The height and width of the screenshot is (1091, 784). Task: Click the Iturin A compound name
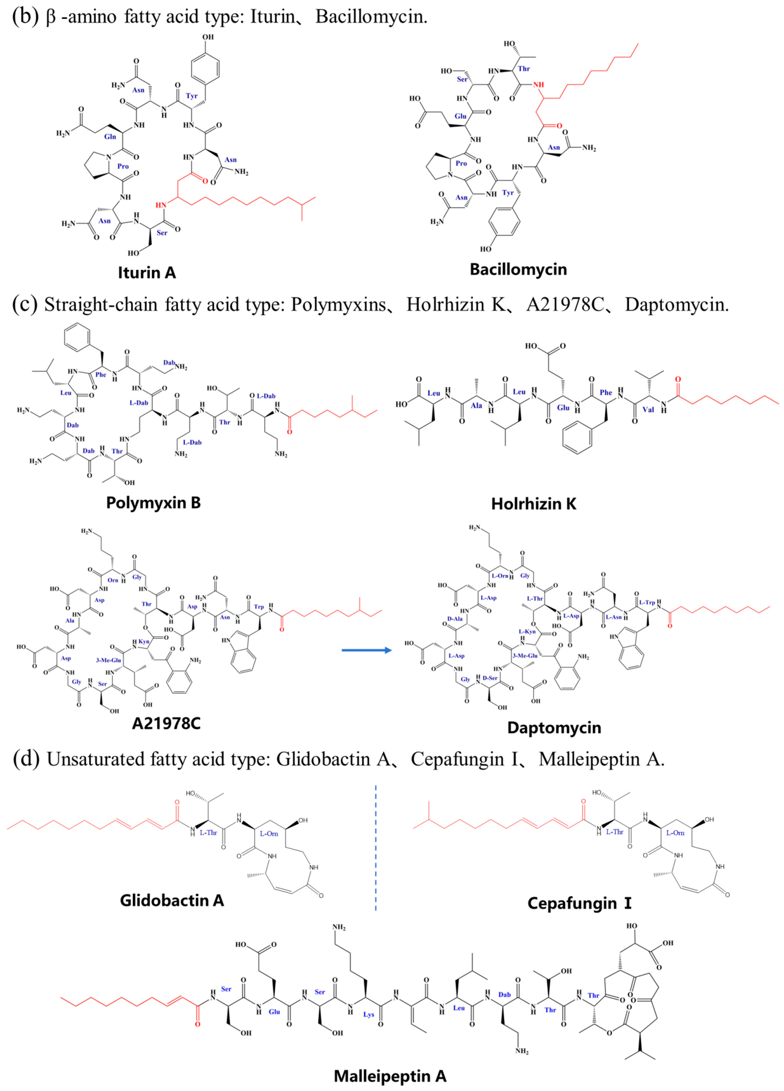click(147, 273)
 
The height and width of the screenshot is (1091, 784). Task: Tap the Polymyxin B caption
click(153, 503)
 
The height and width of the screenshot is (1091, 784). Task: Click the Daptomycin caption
click(554, 727)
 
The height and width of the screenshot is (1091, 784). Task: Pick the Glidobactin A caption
click(172, 900)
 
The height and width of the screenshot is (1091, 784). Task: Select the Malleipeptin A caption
click(390, 1076)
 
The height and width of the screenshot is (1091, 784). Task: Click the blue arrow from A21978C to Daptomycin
click(367, 650)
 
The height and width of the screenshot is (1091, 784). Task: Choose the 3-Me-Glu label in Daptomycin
click(525, 656)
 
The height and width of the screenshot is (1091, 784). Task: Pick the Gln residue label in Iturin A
click(110, 137)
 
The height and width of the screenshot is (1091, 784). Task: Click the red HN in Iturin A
click(161, 205)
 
